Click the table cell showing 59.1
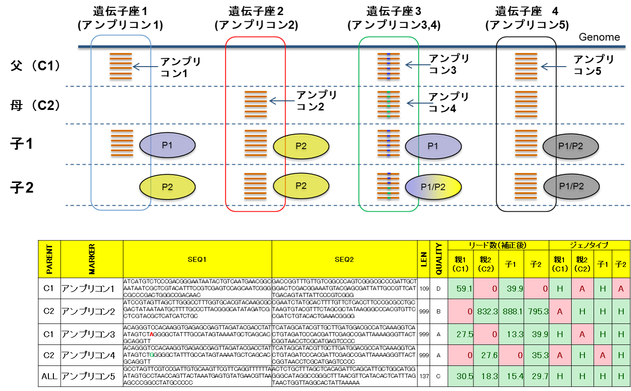click(x=461, y=289)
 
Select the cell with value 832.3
click(x=486, y=311)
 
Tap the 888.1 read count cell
click(x=511, y=311)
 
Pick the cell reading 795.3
click(x=537, y=311)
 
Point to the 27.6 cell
click(x=486, y=355)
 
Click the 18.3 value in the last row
click(x=486, y=376)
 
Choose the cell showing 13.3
click(x=511, y=334)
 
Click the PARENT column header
click(x=49, y=259)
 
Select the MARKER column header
click(x=92, y=259)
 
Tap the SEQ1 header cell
click(x=197, y=260)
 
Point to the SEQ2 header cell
click(x=344, y=260)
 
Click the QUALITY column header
click(x=439, y=259)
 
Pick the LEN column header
click(x=423, y=259)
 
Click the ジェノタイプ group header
click(x=589, y=245)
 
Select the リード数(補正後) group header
click(x=499, y=245)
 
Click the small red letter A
click(x=152, y=334)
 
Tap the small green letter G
click(x=152, y=355)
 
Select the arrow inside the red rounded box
click(x=282, y=101)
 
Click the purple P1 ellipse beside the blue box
click(x=167, y=145)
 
